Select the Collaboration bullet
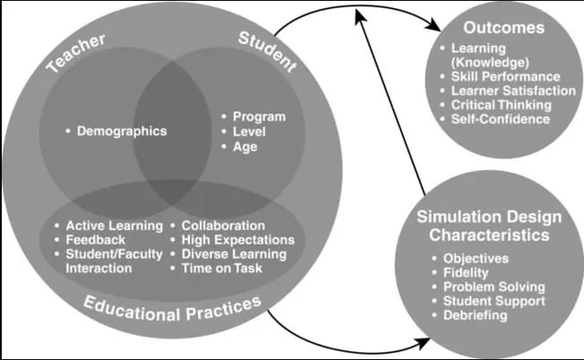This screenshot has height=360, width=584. [223, 226]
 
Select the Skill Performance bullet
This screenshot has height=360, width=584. [511, 77]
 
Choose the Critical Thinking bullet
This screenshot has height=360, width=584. [506, 105]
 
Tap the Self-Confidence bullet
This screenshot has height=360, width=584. [504, 119]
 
